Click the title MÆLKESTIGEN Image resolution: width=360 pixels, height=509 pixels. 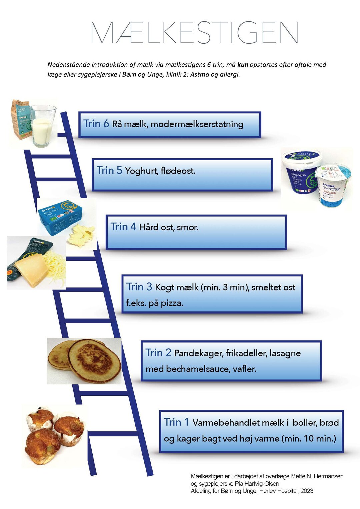(194, 33)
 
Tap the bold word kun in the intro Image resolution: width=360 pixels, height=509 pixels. (243, 65)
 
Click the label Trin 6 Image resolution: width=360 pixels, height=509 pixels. (96, 124)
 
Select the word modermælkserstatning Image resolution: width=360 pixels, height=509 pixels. (197, 124)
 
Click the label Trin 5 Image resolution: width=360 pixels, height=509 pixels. (109, 171)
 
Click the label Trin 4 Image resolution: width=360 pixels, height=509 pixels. (123, 227)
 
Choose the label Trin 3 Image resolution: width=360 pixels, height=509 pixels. (139, 287)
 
